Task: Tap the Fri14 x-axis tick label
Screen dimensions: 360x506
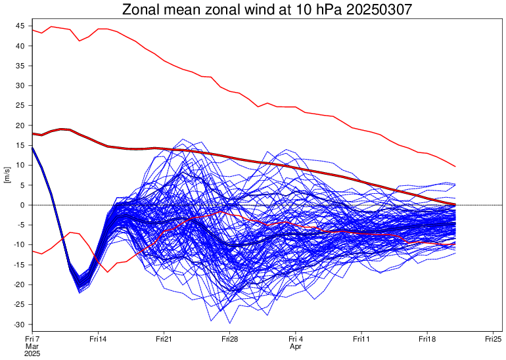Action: coord(98,339)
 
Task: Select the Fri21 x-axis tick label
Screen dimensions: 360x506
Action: coord(164,339)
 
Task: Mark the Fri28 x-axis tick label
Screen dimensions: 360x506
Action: coord(229,339)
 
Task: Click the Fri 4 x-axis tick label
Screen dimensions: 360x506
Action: coord(295,339)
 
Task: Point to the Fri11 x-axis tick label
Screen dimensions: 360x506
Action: coord(361,339)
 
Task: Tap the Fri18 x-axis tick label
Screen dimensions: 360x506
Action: coord(426,339)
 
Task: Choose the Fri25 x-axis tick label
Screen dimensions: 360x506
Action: coord(493,339)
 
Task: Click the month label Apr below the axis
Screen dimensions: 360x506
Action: coord(295,346)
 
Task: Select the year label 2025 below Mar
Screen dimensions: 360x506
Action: coord(32,353)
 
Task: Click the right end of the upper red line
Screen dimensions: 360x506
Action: coord(455,166)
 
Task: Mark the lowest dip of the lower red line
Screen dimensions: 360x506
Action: coord(107,272)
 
